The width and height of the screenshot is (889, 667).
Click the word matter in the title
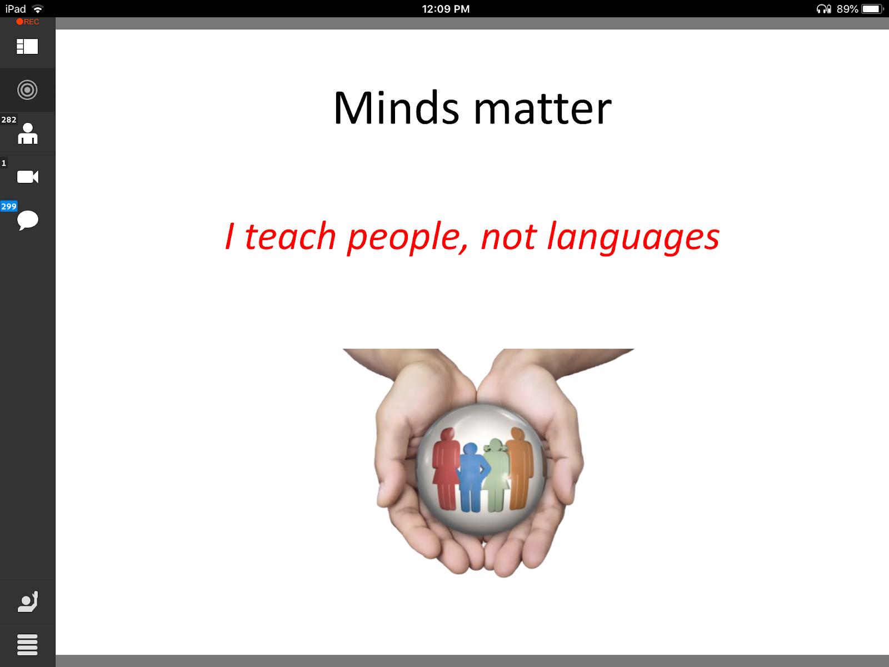coord(543,108)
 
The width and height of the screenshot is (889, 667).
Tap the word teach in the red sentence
coord(291,236)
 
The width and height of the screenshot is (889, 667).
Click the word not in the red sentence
coord(509,237)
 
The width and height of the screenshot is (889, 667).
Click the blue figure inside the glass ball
coord(472,477)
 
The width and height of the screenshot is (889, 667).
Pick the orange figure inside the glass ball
coord(520,468)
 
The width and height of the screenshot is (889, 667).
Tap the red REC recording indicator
coord(28,22)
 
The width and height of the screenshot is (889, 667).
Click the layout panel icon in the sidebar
coord(27,47)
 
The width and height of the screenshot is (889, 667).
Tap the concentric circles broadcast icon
coord(27,90)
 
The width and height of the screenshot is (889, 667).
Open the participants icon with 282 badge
coord(28,134)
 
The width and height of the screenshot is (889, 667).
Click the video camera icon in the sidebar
coord(28,177)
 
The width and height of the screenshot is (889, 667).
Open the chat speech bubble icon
coord(28,220)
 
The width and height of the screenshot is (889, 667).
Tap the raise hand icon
coord(28,601)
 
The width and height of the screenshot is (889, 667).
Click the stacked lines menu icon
coord(27,645)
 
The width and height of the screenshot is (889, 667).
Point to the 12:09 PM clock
coord(446,9)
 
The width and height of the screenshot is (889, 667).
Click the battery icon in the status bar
coord(872,9)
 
